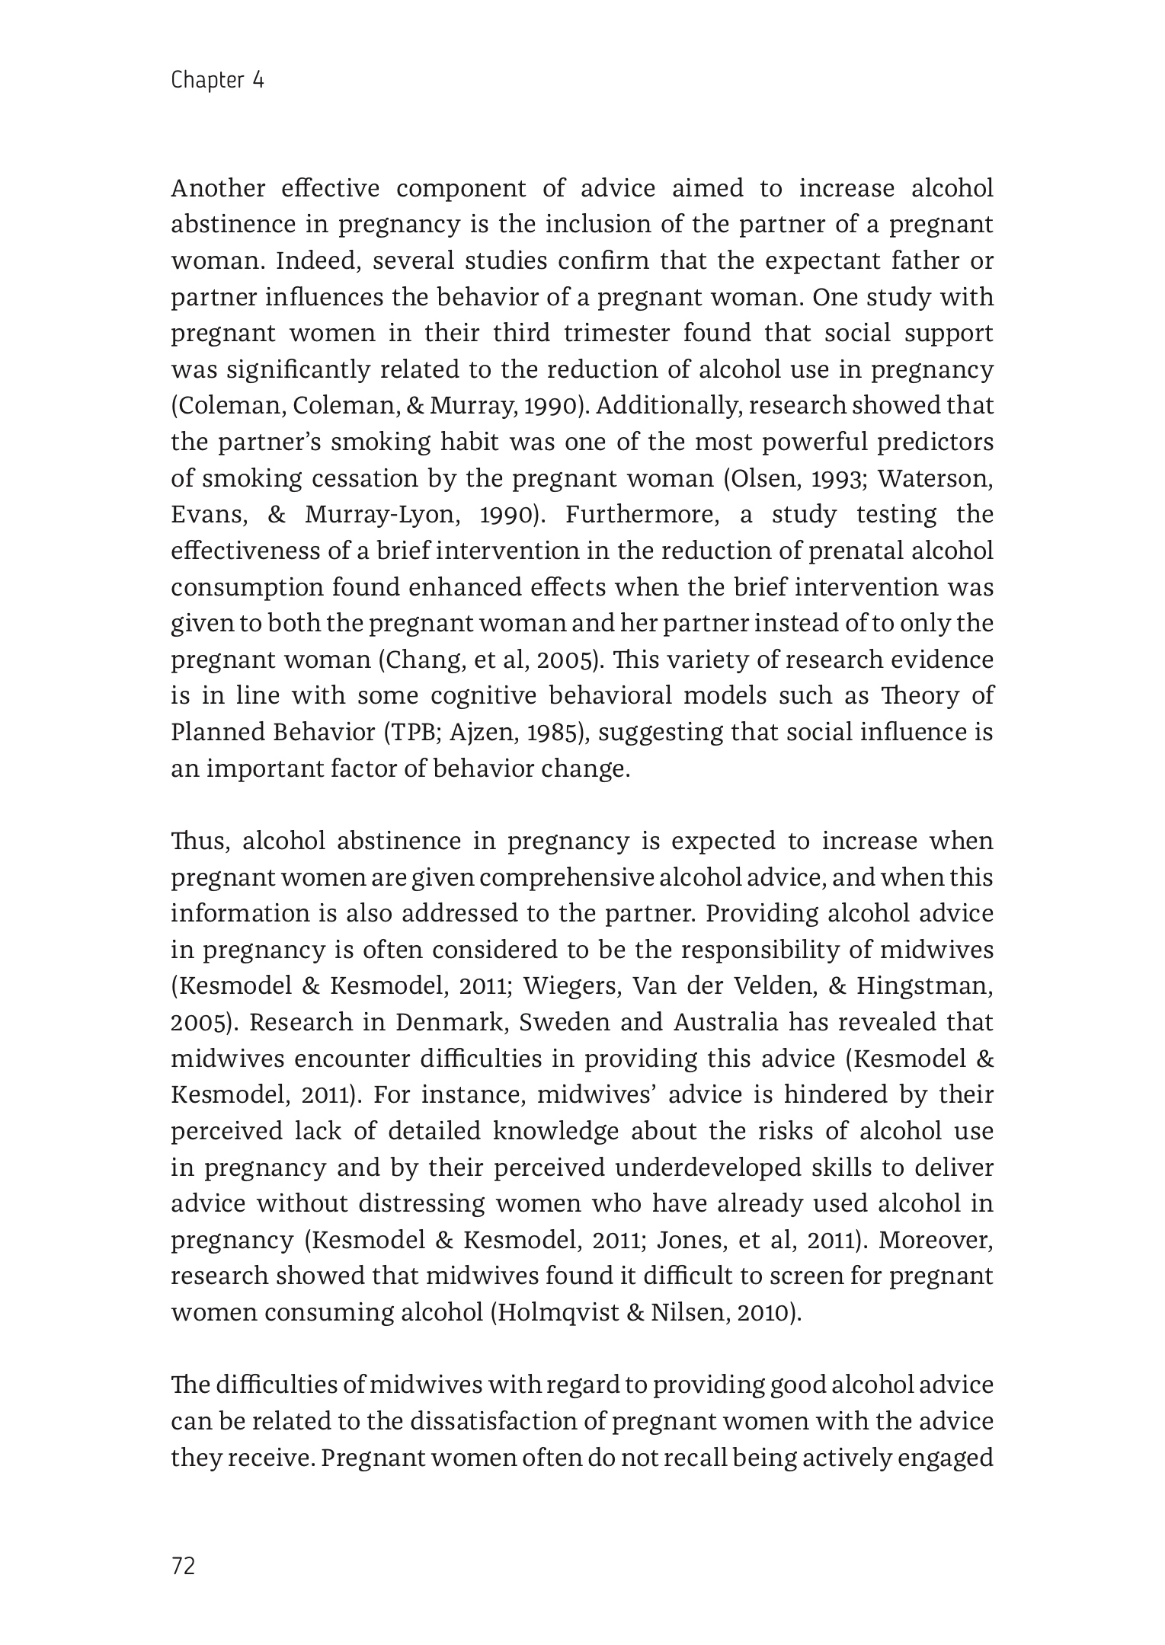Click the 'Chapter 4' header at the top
pos(217,80)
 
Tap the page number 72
pos(184,1566)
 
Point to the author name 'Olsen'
pos(756,479)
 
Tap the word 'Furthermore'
pos(641,516)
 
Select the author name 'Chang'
pos(424,660)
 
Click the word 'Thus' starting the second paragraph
pos(197,842)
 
